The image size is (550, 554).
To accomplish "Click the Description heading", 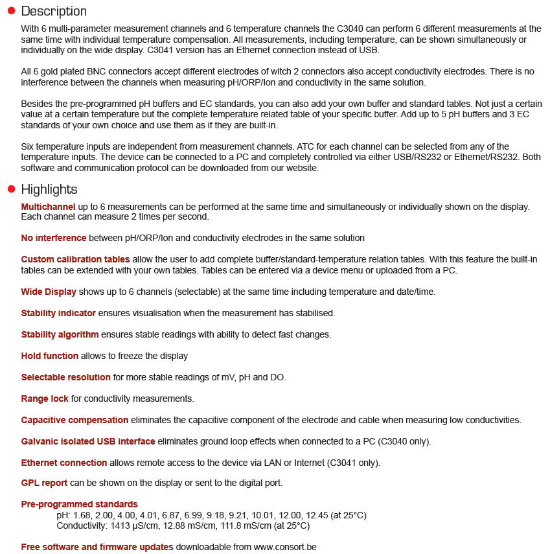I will [54, 11].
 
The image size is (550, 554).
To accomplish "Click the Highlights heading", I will [49, 189].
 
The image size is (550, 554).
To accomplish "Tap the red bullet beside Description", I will [11, 11].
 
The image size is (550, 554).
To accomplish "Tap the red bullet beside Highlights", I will [11, 189].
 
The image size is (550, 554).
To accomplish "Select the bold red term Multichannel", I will [48, 207].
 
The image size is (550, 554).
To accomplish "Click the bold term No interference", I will [54, 238].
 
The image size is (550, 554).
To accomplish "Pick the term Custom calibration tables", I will [75, 260].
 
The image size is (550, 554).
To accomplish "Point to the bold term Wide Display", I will [49, 292].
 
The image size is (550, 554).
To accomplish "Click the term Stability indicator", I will [58, 313].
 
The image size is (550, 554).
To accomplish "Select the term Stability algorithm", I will [60, 334].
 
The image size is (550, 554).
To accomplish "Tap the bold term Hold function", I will [50, 356].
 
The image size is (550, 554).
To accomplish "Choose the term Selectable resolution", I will [66, 377].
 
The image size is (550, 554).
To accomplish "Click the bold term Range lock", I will [45, 398].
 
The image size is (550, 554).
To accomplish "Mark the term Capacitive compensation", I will [74, 420].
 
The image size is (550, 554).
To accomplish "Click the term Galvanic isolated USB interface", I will [88, 441].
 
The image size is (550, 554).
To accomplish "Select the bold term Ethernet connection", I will [64, 463].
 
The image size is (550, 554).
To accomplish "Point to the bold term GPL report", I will [45, 483].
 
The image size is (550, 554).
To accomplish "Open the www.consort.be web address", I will [285, 547].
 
